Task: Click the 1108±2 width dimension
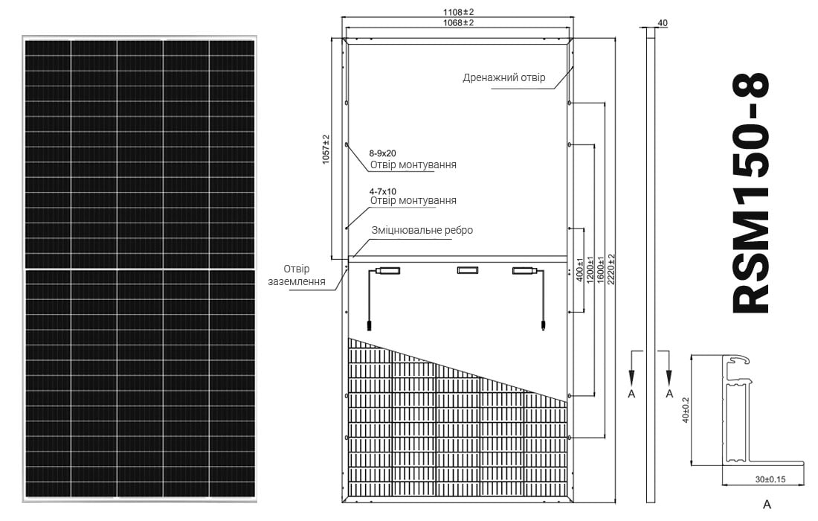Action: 458,11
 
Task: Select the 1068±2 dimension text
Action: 458,22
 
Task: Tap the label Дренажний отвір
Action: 504,78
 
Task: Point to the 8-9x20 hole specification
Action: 382,153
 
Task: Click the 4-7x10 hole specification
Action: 382,191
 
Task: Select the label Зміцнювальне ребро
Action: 422,230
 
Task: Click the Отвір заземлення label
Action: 296,275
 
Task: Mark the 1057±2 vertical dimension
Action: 326,150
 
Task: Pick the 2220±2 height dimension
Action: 611,269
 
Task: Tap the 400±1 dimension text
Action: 579,269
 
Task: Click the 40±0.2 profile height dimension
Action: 686,410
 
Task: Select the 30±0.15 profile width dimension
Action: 770,479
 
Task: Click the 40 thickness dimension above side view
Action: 663,23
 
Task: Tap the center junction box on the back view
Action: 468,270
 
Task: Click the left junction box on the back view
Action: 389,270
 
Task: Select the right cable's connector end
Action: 543,325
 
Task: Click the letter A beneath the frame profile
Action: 767,505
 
